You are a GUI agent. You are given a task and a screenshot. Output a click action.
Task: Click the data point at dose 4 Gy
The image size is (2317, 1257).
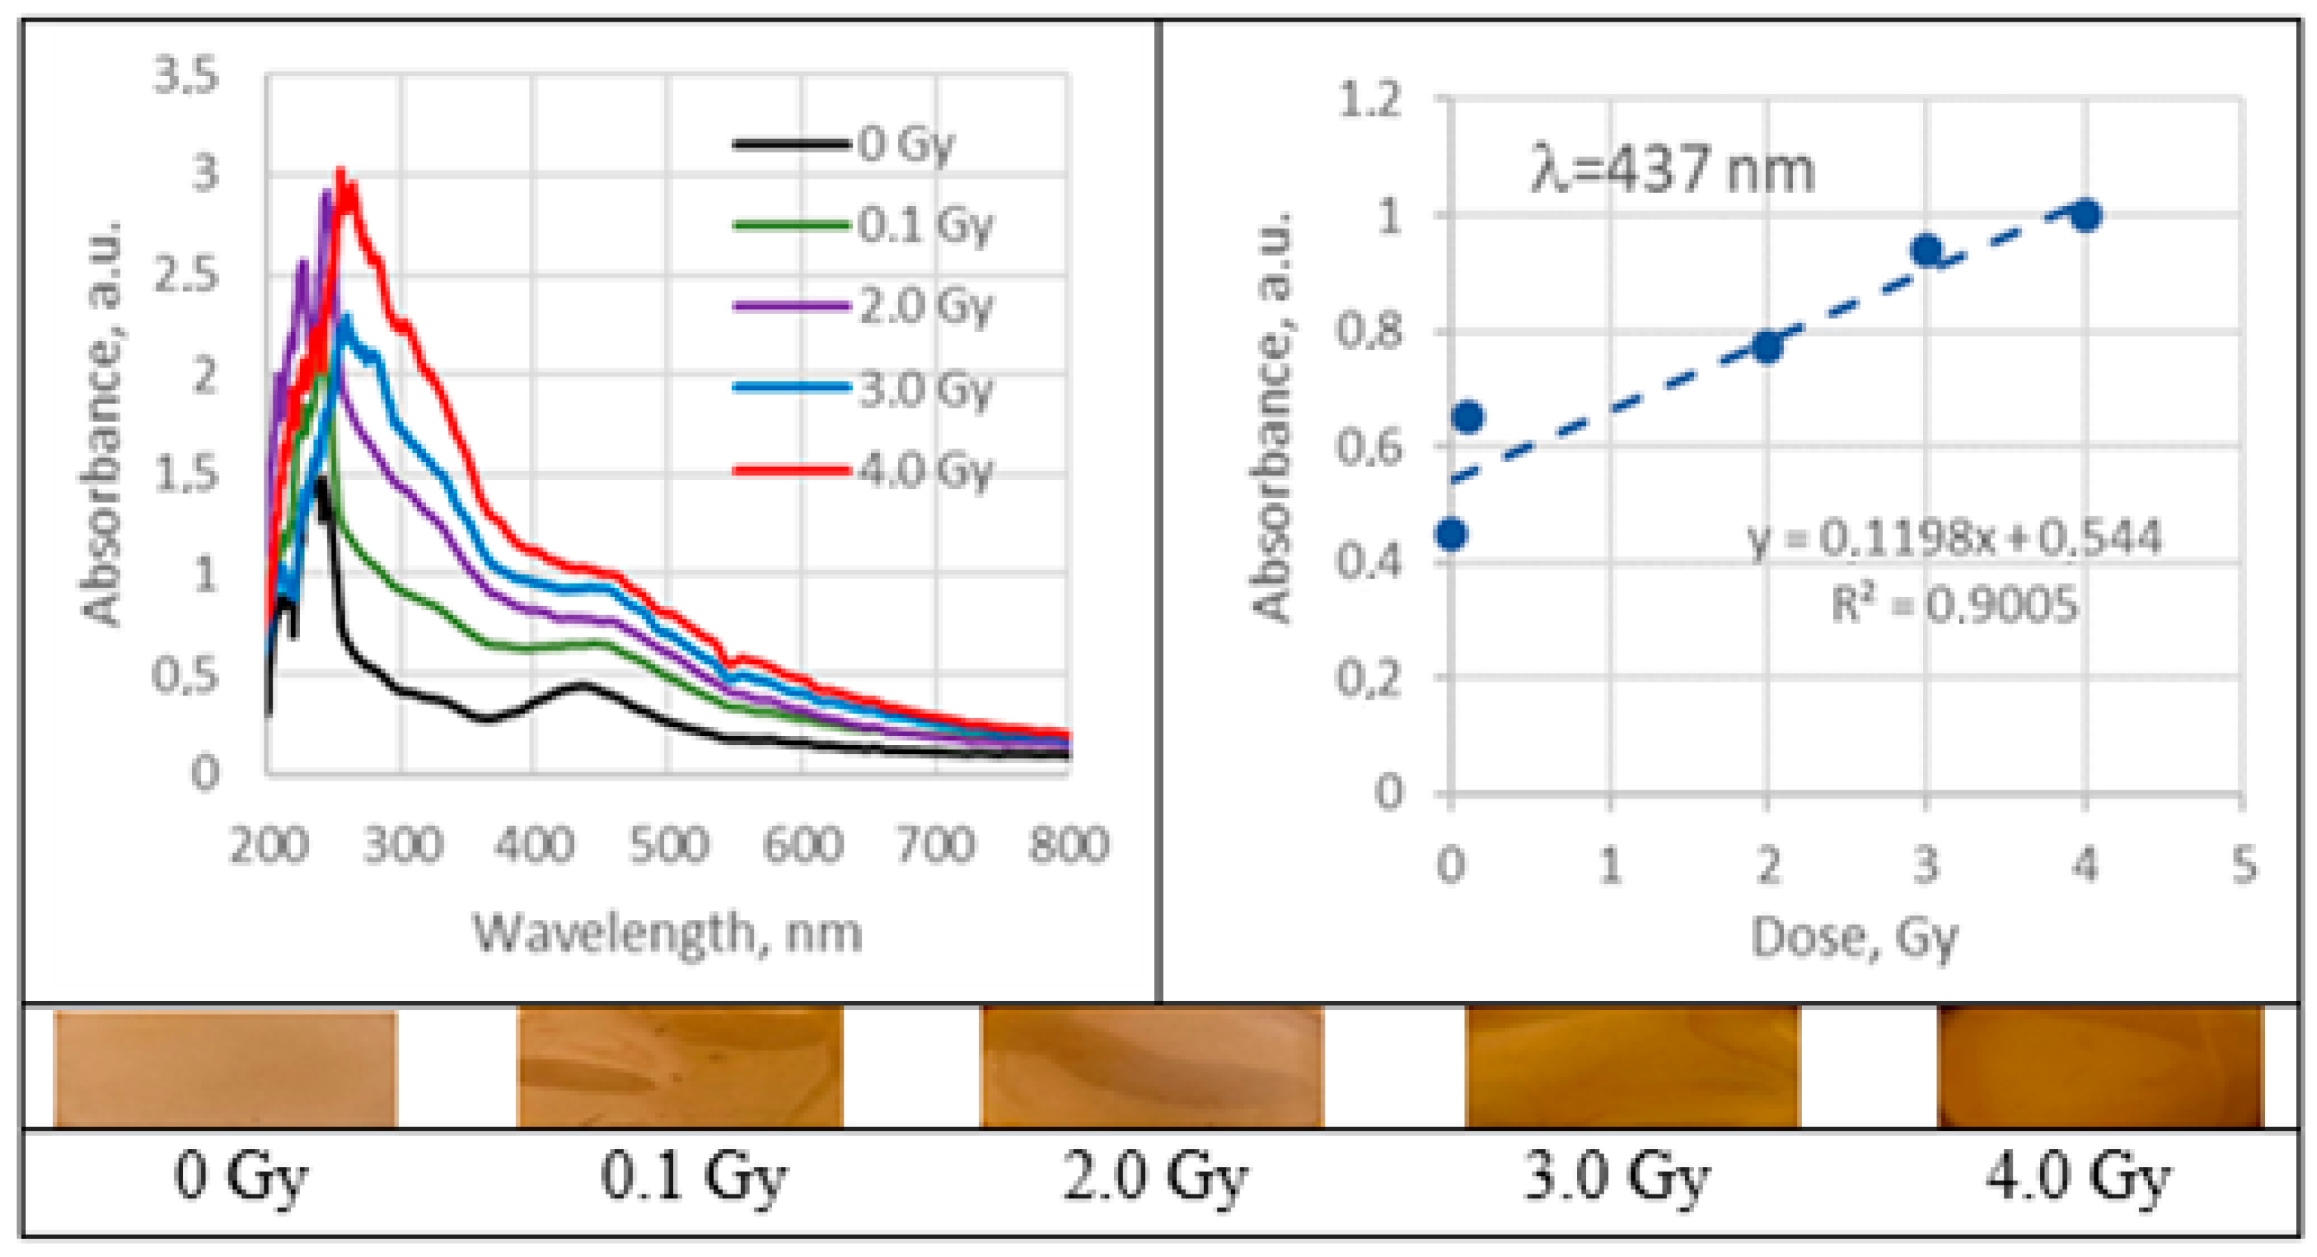[2085, 216]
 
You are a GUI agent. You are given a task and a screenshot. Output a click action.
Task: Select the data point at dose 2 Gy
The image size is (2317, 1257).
[1768, 347]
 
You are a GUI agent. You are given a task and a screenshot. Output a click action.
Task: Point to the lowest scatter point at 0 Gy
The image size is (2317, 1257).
[1451, 534]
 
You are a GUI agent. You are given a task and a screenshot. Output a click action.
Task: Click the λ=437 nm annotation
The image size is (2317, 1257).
[1672, 171]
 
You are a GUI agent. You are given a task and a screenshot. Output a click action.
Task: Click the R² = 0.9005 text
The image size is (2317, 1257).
[1954, 604]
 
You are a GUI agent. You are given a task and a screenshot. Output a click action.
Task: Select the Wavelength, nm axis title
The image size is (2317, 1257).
[667, 933]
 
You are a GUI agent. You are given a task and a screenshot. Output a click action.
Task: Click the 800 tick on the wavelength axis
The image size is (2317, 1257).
[1068, 845]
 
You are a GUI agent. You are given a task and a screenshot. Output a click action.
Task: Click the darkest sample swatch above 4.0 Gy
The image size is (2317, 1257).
[2100, 1066]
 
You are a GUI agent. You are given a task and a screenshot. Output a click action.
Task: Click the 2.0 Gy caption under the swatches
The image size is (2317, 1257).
[1155, 1176]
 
